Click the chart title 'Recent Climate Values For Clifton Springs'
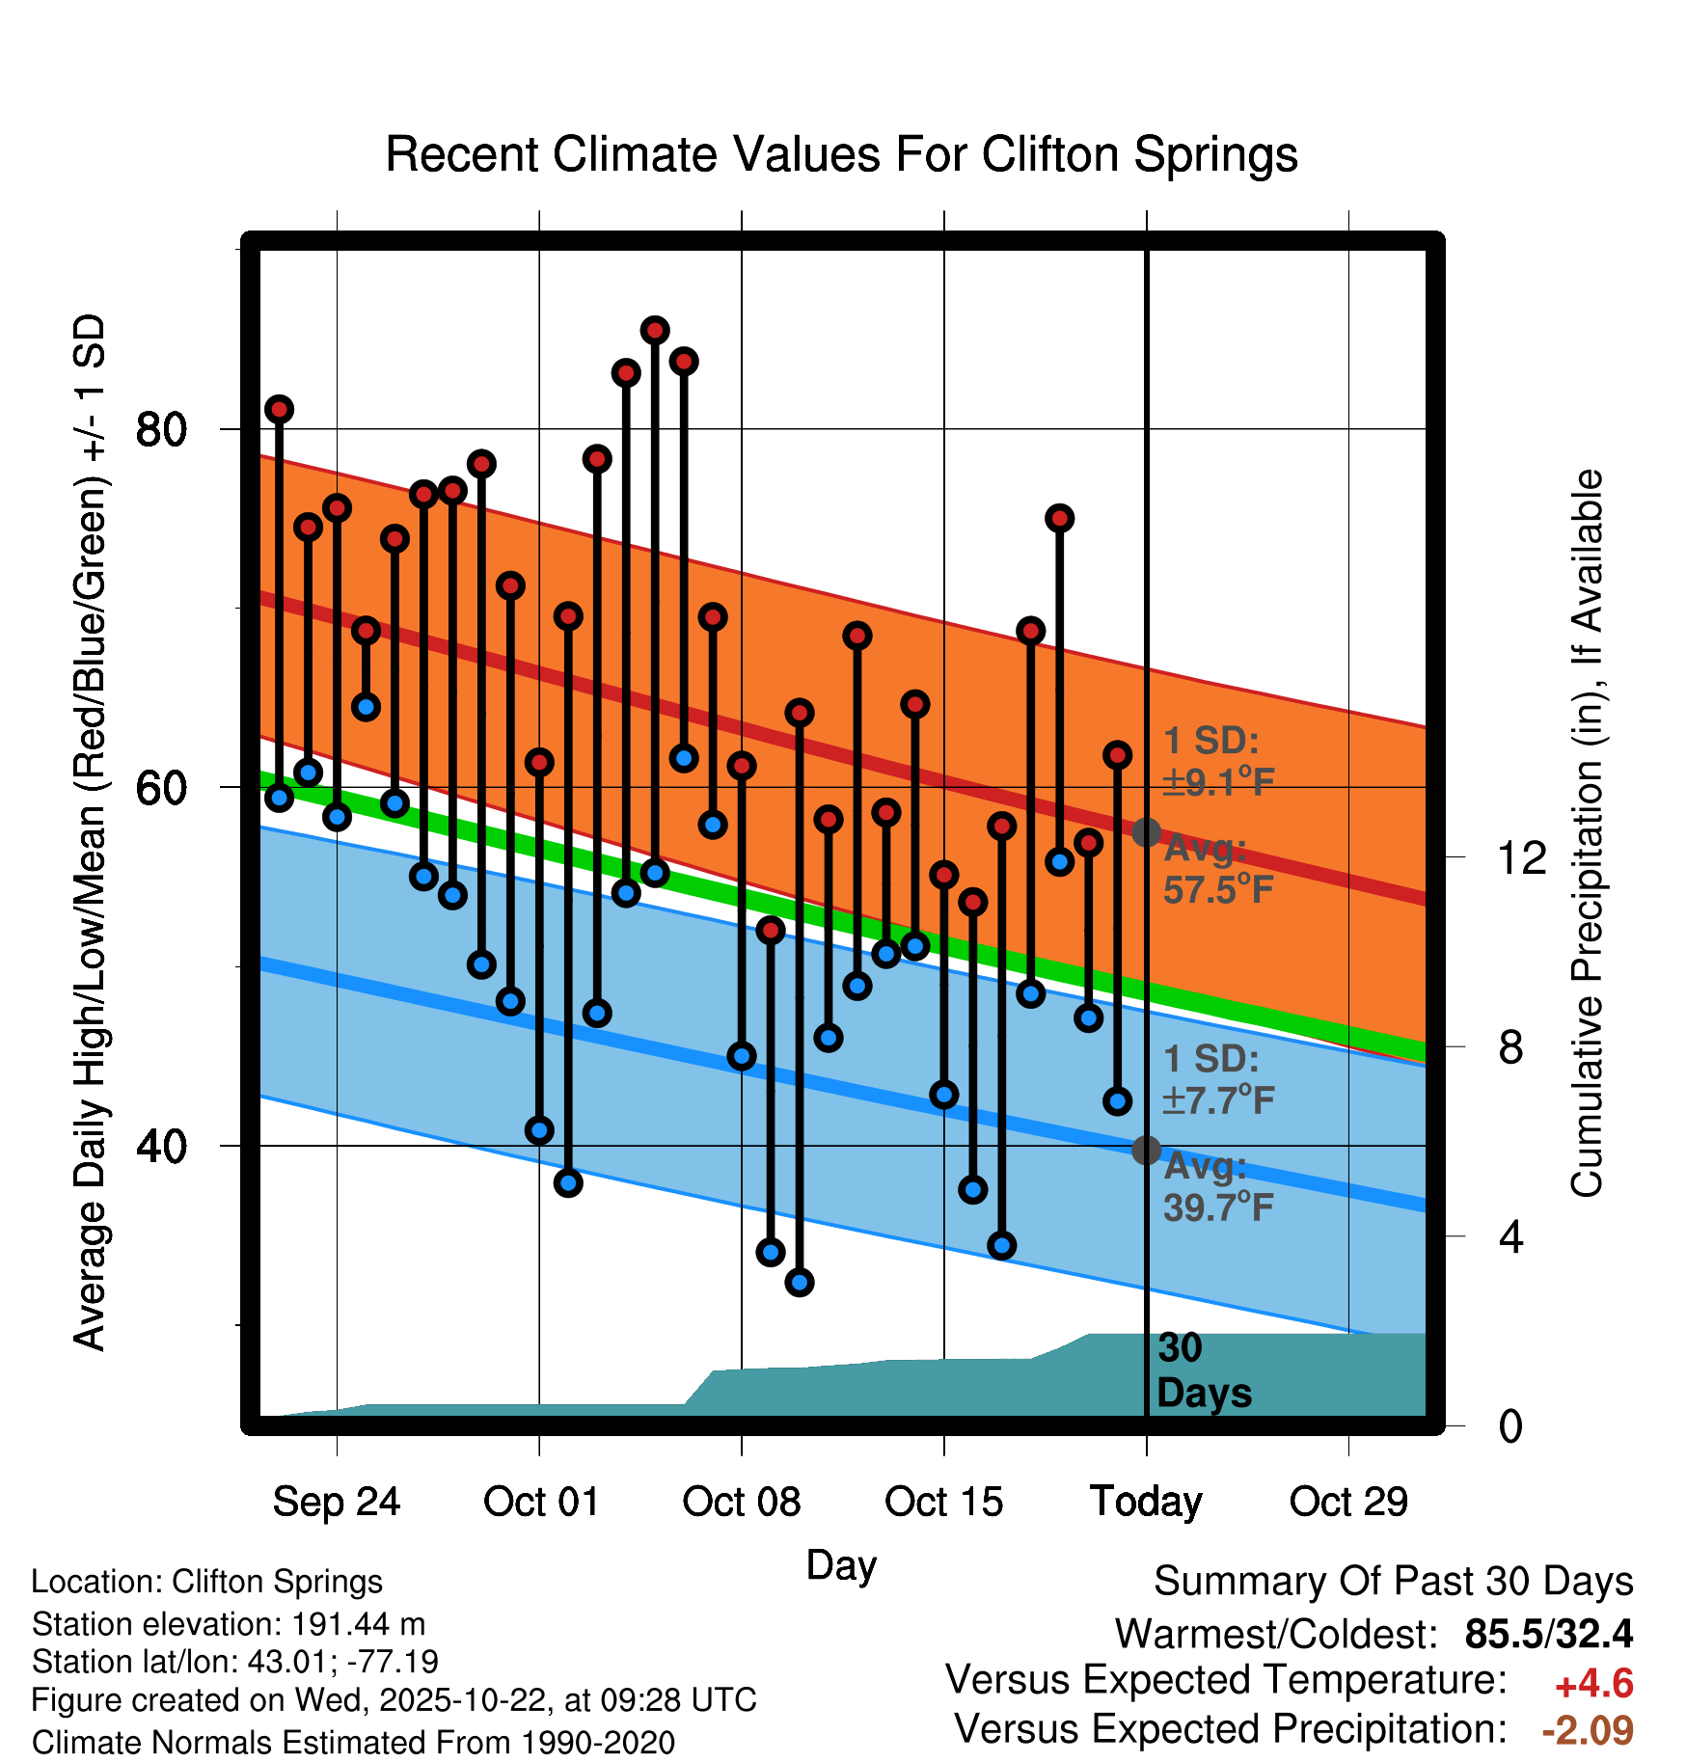[x=841, y=154]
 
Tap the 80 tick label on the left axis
[x=161, y=429]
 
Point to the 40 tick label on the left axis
[x=161, y=1146]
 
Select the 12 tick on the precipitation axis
[x=1521, y=857]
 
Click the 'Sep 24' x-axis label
[x=336, y=1502]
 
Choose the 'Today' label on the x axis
[x=1146, y=1502]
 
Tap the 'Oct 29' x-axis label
[x=1348, y=1502]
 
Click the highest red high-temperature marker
[x=655, y=331]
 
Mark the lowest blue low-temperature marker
[x=800, y=1283]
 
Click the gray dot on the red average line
[x=1146, y=832]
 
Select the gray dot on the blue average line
[x=1146, y=1150]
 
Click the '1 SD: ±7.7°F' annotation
[x=1217, y=1079]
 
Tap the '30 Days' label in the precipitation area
[x=1202, y=1370]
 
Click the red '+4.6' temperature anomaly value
[x=1593, y=1684]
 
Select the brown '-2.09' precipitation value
[x=1588, y=1730]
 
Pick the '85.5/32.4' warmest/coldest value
[x=1548, y=1634]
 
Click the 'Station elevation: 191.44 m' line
[x=229, y=1624]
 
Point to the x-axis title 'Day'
[x=841, y=1565]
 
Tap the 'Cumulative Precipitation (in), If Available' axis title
[x=1587, y=833]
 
